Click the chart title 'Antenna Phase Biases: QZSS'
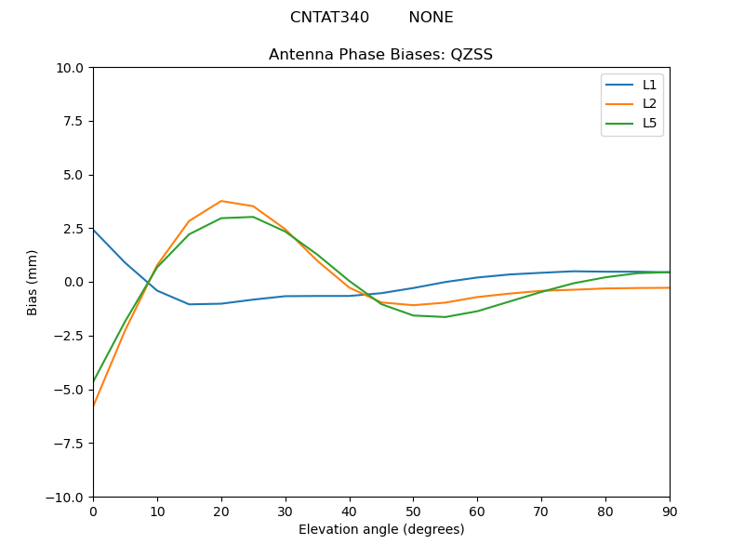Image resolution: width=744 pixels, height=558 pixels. pos(380,55)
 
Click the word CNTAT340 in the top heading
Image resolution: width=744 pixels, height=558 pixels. pos(329,18)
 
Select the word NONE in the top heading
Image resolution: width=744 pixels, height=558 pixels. pos(431,18)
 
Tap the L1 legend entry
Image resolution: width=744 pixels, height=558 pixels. pos(649,85)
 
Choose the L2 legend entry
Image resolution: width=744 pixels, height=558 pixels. pos(649,104)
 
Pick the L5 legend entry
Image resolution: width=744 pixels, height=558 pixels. pos(649,123)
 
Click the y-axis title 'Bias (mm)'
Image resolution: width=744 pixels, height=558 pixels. pos(33,282)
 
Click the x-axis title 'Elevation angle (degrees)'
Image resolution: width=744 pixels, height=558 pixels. pos(380,530)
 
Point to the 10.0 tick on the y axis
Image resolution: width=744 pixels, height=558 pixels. pos(72,68)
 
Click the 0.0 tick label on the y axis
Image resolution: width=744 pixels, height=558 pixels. pos(74,282)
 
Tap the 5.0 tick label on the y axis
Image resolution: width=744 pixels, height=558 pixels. pos(74,175)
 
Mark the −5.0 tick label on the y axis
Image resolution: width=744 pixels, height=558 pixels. pos(70,390)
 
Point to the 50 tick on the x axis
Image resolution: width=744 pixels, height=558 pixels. pos(413,511)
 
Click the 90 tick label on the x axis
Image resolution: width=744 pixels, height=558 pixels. pos(669,511)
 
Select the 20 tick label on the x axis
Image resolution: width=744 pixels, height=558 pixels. pos(221,511)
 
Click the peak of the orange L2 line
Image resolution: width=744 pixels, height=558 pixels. pos(221,201)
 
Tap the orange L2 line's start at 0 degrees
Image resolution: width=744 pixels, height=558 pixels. pos(94,405)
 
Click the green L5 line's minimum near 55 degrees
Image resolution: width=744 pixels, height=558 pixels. pos(445,317)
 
